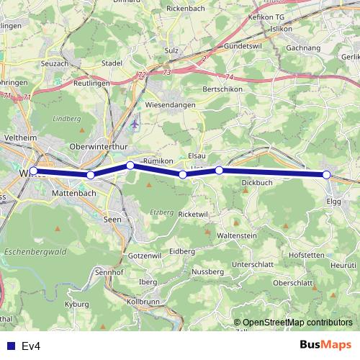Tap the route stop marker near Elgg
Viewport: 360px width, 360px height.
click(326, 175)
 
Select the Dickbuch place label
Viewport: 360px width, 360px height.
click(257, 183)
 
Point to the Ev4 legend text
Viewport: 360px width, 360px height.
click(31, 346)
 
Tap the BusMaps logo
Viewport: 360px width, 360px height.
click(325, 346)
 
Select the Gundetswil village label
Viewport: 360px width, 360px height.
click(225, 45)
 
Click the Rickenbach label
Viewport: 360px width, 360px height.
click(186, 8)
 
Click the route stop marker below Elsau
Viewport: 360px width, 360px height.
click(183, 174)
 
